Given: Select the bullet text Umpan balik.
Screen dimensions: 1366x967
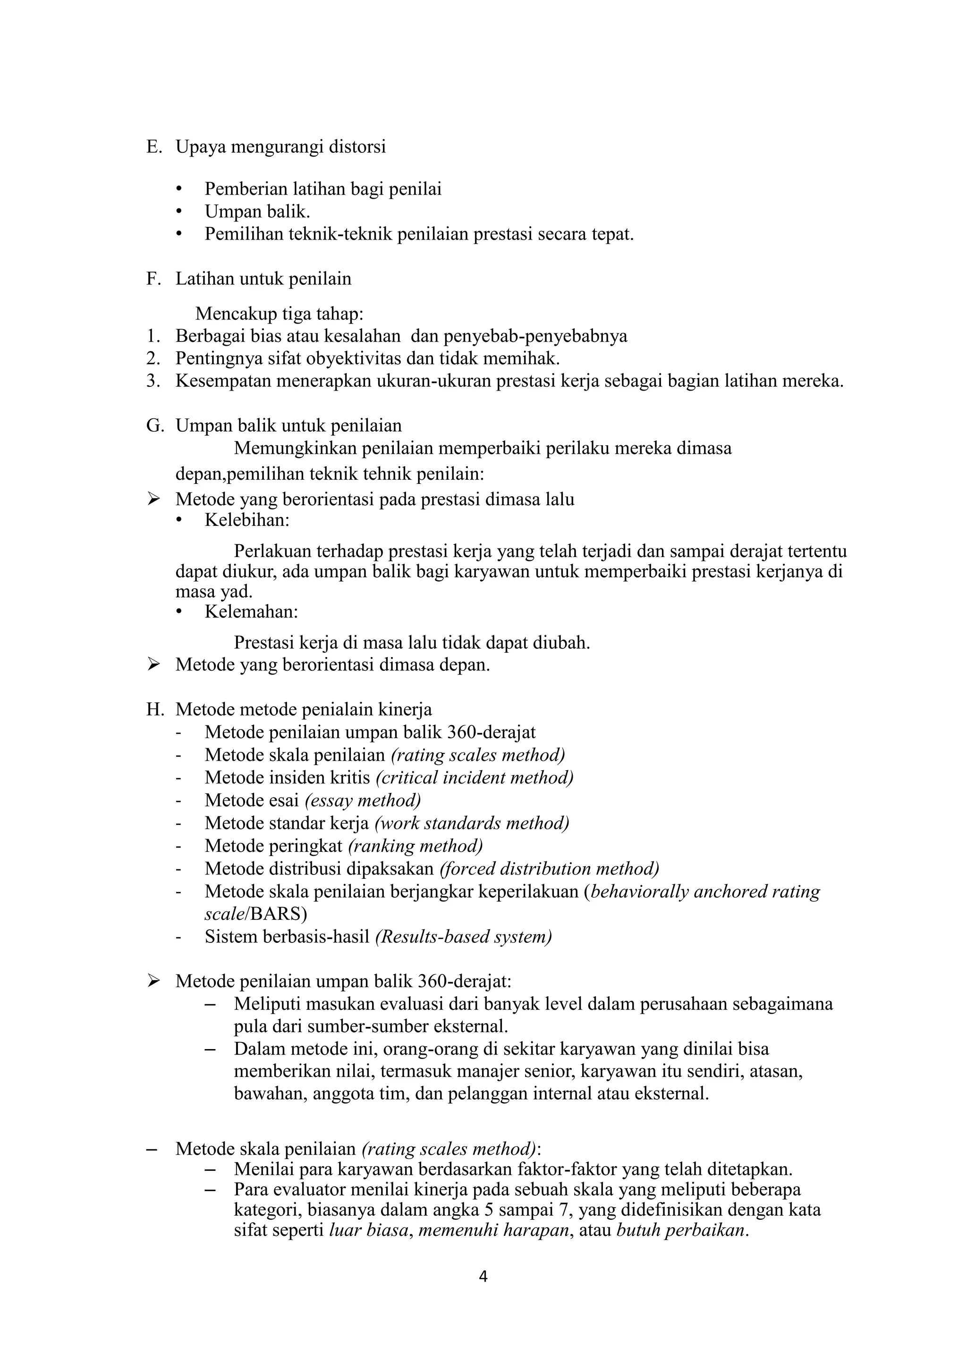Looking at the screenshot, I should coord(257,211).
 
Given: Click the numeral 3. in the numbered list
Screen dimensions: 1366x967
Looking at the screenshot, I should coord(153,381).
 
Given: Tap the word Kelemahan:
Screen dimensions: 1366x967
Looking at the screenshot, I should coord(251,612).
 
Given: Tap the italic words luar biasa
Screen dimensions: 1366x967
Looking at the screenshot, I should coord(369,1230).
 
